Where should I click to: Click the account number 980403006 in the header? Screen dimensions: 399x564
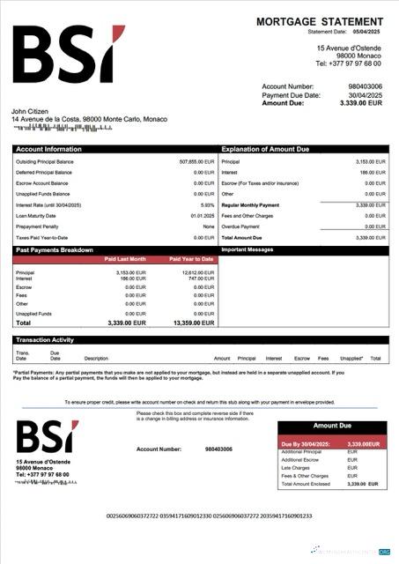click(366, 86)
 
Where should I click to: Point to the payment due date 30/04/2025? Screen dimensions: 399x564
click(366, 95)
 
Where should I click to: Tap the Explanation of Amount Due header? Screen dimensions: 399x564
click(263, 149)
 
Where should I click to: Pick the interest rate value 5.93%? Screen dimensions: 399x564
click(207, 204)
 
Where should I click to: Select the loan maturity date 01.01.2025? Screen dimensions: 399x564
click(202, 215)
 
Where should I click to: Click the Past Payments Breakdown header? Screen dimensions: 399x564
click(55, 250)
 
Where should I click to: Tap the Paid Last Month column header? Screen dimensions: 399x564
click(124, 259)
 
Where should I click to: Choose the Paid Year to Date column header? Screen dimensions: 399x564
click(190, 259)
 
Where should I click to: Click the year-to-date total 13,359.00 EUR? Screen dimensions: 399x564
click(192, 323)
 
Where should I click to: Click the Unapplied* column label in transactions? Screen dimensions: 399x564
click(351, 359)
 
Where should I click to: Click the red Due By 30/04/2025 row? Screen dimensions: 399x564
click(332, 444)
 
